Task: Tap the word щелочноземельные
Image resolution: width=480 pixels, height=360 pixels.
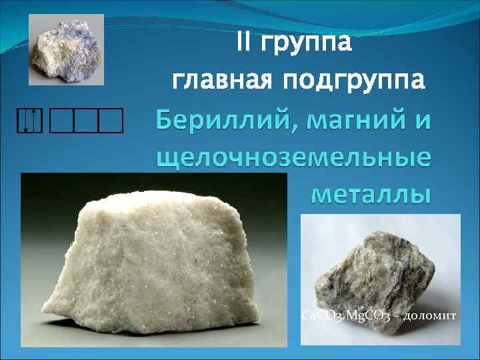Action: coord(293,159)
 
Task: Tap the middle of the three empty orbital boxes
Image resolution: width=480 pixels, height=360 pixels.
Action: coord(87,121)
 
